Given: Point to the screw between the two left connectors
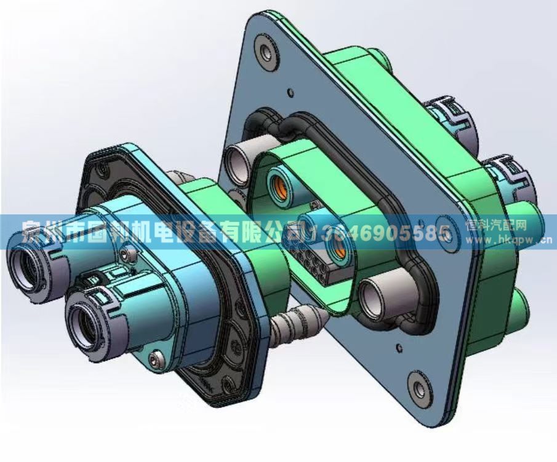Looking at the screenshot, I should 128,254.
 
